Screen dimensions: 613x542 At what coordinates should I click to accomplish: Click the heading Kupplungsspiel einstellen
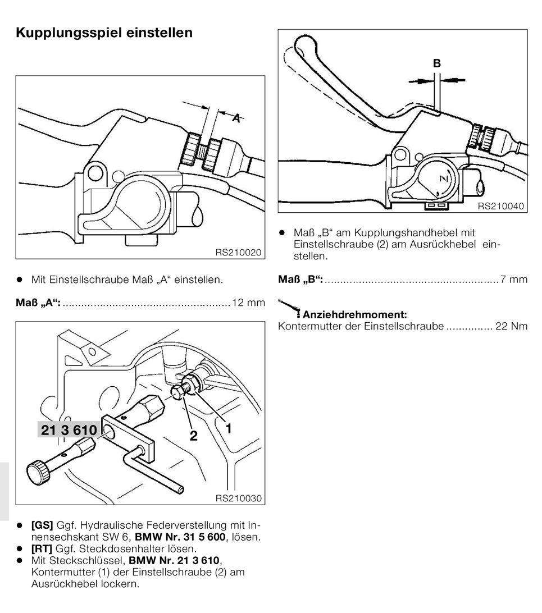coord(104,33)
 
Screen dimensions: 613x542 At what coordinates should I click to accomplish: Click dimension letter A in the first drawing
coord(238,118)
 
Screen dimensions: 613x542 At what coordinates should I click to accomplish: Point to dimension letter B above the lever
coord(436,64)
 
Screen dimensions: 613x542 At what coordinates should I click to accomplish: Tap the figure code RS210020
coord(238,253)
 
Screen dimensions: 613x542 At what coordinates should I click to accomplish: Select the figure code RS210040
coord(501,207)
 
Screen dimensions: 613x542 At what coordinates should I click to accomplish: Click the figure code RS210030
coord(238,498)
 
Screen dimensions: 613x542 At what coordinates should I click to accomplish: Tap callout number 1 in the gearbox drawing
coord(228,428)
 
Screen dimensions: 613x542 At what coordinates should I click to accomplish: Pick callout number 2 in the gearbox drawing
coord(194,436)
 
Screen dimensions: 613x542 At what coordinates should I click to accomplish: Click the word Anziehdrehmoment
coord(354,314)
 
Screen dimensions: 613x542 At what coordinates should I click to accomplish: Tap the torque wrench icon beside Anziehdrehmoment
coord(289,308)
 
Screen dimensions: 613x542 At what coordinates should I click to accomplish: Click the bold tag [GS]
coord(42,526)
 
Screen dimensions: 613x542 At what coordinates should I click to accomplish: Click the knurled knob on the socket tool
coord(38,470)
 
